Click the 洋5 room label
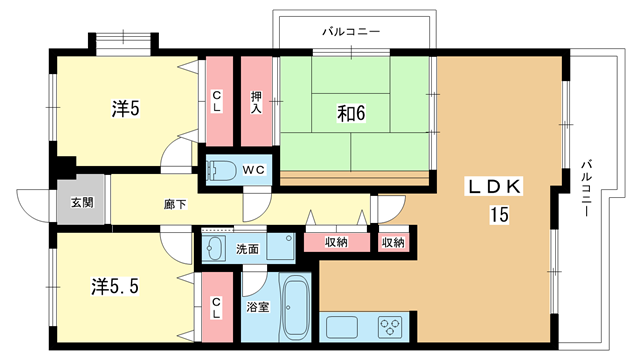(x=126, y=109)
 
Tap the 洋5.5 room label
(x=115, y=287)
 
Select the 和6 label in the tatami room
(x=351, y=113)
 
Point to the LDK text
(x=495, y=187)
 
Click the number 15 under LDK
(x=499, y=215)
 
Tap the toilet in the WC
(x=220, y=170)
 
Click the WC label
(x=253, y=170)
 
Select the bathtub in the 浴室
(x=295, y=307)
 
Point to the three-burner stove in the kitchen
(x=390, y=327)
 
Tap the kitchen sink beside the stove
(x=342, y=327)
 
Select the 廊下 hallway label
(x=175, y=204)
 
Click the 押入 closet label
(x=256, y=102)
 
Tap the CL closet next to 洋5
(x=219, y=101)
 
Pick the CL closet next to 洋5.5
(x=217, y=307)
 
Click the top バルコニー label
(x=351, y=31)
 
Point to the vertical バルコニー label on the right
(x=587, y=188)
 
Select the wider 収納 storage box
(x=337, y=242)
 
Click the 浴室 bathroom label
(x=258, y=307)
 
